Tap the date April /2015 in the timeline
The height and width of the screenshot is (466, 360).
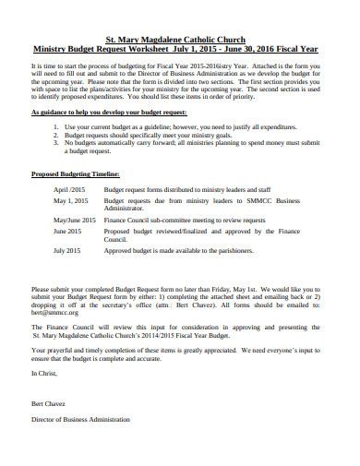click(70, 188)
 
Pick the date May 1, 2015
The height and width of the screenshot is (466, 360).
click(72, 199)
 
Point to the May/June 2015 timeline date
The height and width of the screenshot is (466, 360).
click(75, 220)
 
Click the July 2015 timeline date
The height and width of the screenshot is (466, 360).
click(67, 250)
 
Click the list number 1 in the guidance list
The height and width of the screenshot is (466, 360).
click(56, 125)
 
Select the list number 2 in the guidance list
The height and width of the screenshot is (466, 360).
click(56, 133)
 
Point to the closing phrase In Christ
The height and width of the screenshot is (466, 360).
click(44, 372)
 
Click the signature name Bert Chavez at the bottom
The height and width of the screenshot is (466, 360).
click(50, 404)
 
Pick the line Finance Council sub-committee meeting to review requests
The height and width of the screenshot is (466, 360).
click(185, 220)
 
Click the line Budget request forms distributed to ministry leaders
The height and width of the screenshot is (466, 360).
click(181, 188)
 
